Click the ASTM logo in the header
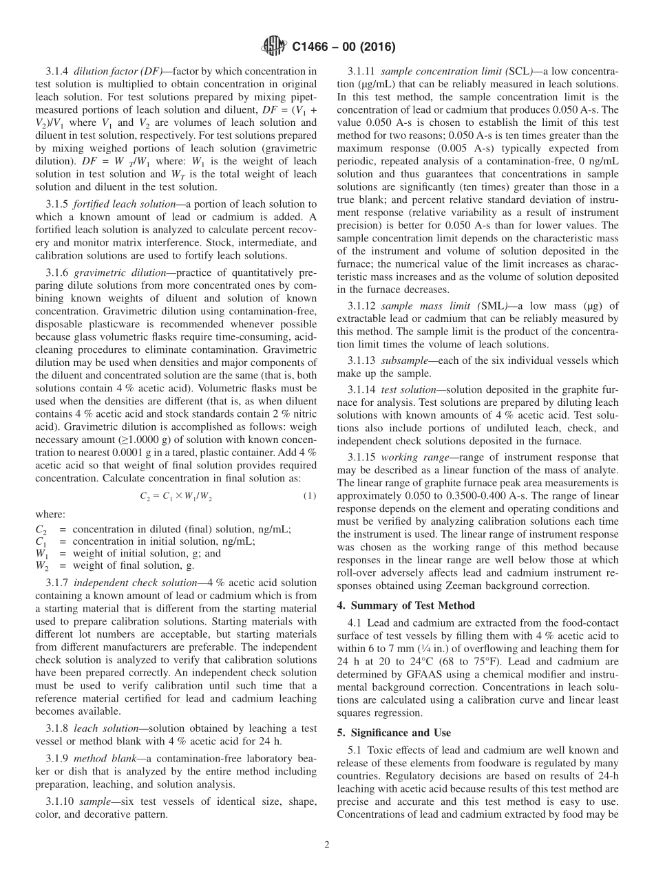[274, 47]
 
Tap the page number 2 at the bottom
[327, 845]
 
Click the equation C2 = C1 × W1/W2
[176, 497]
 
